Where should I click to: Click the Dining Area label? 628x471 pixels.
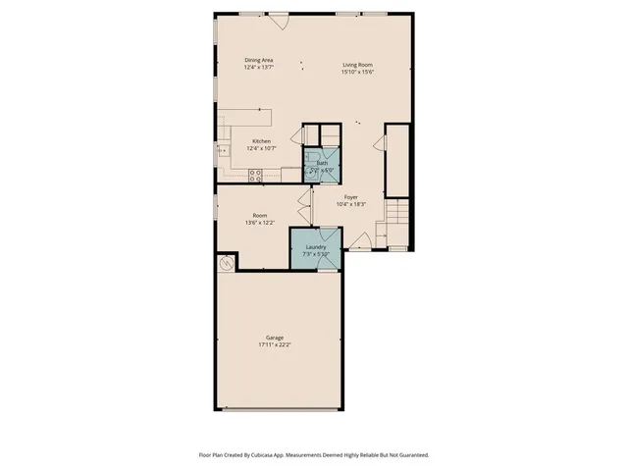click(x=259, y=61)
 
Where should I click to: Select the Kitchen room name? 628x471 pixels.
click(x=261, y=141)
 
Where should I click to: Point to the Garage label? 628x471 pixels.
click(x=275, y=338)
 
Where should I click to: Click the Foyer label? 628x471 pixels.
click(x=350, y=197)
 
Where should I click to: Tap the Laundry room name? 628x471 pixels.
click(x=315, y=247)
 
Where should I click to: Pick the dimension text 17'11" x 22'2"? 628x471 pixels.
click(x=275, y=345)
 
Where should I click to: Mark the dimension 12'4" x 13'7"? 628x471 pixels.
click(x=259, y=68)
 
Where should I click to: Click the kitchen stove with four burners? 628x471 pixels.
click(x=256, y=176)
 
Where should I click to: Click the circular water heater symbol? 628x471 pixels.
click(x=225, y=262)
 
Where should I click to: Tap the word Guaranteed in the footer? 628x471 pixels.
click(x=412, y=455)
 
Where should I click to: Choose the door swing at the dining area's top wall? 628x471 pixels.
click(x=279, y=20)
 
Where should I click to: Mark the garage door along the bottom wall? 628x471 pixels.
click(x=279, y=409)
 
